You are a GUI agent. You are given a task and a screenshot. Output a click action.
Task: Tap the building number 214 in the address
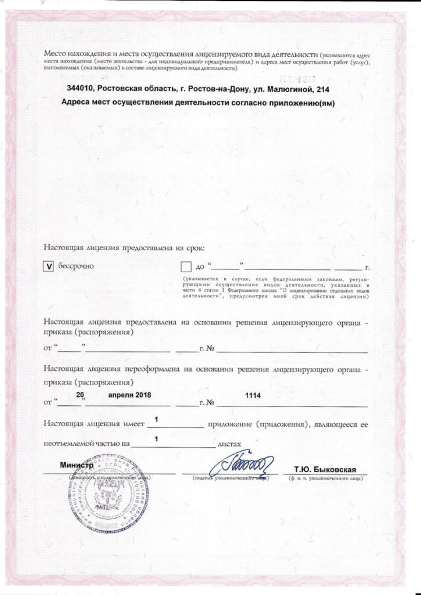pos(322,90)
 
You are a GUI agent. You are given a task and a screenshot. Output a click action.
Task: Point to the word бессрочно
pos(76,266)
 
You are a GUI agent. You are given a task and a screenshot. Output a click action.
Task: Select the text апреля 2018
pos(130,395)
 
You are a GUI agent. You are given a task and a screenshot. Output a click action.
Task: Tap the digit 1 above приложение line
pos(156,420)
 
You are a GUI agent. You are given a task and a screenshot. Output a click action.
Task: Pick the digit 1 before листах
pos(156,439)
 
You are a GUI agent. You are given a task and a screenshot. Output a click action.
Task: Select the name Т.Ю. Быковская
pos(325,469)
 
